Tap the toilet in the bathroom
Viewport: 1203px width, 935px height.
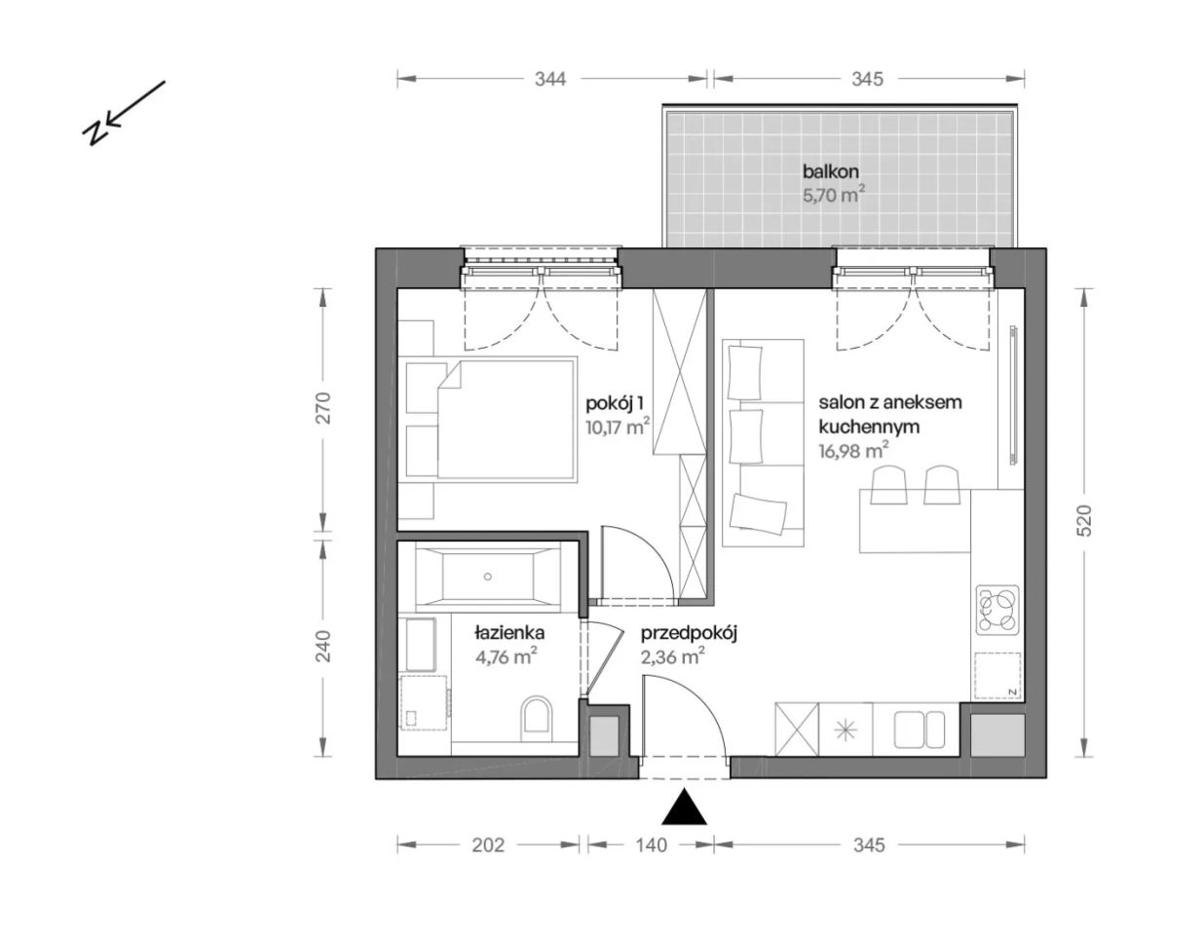click(x=537, y=719)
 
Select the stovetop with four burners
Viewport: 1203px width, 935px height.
click(x=997, y=609)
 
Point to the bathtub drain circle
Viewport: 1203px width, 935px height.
click(x=488, y=577)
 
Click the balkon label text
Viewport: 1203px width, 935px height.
click(x=831, y=171)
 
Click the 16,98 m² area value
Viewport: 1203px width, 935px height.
click(x=853, y=450)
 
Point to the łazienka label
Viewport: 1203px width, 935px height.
click(x=509, y=632)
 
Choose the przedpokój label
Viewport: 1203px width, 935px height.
click(x=689, y=635)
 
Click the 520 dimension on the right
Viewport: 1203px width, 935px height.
click(x=1084, y=520)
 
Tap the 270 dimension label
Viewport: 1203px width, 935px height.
click(x=323, y=408)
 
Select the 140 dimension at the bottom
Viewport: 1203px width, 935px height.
click(x=651, y=845)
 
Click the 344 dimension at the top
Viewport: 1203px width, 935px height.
click(x=550, y=79)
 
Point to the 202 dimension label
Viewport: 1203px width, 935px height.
click(x=489, y=845)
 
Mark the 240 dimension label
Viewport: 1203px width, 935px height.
click(x=323, y=646)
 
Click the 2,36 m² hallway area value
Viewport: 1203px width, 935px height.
click(x=672, y=656)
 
